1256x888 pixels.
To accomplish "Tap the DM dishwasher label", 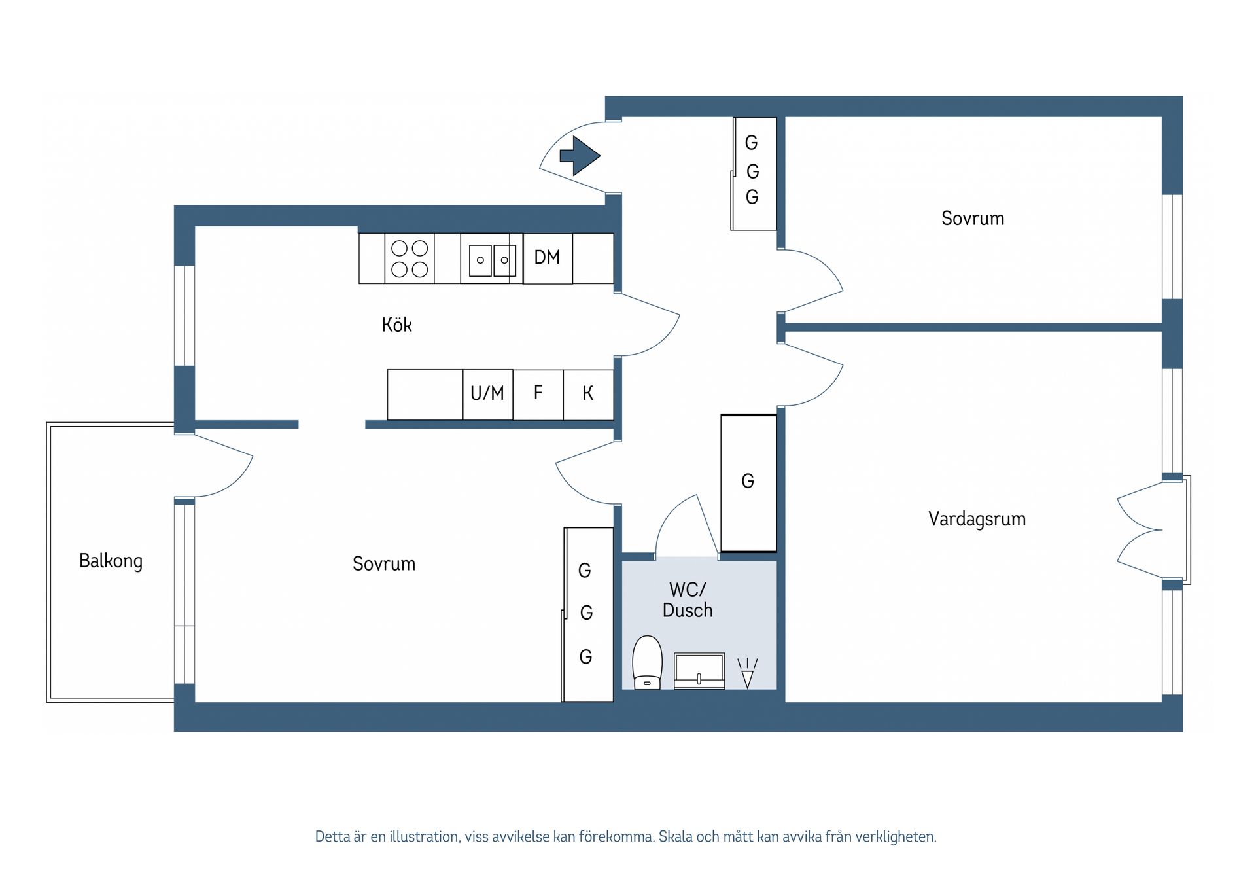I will click(547, 258).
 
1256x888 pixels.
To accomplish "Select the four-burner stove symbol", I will click(410, 258).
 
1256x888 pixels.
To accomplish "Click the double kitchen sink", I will click(492, 260).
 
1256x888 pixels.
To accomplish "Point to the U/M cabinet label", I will click(487, 393).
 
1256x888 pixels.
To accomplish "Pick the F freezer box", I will click(538, 393).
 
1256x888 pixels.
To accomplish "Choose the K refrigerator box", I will click(588, 393).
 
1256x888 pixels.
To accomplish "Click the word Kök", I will click(396, 325).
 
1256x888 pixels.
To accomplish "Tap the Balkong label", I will click(111, 561).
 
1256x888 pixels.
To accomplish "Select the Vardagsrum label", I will click(977, 519).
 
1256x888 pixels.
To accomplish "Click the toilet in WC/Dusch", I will click(647, 662).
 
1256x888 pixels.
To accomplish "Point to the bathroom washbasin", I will click(699, 671).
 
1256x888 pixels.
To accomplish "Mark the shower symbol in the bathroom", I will click(747, 673).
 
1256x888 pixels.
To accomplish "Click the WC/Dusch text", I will click(688, 599).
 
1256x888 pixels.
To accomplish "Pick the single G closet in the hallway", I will click(748, 482).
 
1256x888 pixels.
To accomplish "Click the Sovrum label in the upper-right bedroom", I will click(973, 219).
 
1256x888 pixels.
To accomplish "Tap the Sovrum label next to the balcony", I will click(384, 563).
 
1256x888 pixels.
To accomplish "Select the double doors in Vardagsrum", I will click(1142, 530).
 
